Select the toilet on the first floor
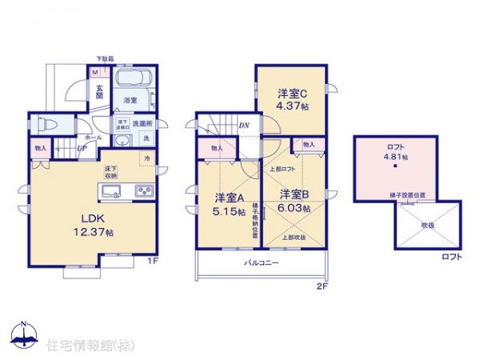coord(46,126)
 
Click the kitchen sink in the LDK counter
coord(110,192)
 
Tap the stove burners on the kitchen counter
coord(144,192)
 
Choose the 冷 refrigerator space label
coord(146,158)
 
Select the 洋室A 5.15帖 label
coord(226,204)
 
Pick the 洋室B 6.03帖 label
coord(293,199)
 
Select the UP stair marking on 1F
coord(82,148)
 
